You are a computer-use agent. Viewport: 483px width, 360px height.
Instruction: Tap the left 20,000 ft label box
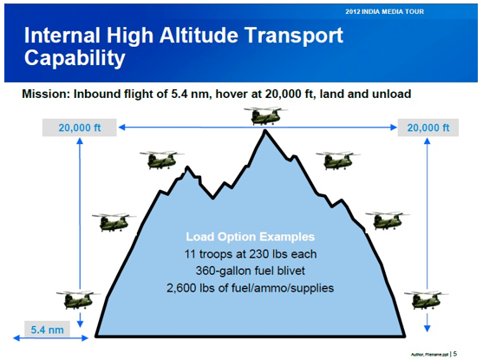tap(80, 128)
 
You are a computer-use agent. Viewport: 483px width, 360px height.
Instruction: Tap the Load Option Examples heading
tap(251, 236)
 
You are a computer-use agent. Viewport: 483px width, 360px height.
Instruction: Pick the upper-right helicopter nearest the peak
tap(336, 160)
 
